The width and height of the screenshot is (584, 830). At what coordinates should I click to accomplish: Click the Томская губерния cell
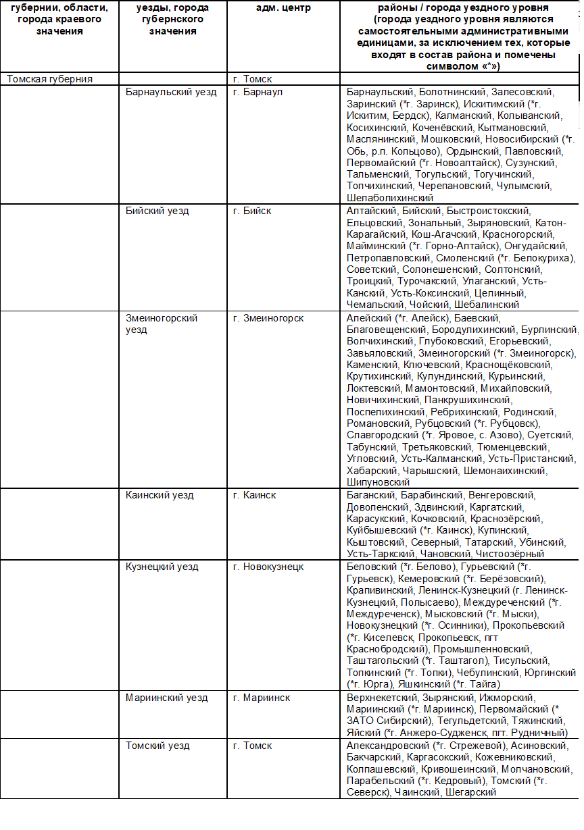(50, 79)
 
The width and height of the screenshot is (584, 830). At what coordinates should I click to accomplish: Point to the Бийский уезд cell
(157, 211)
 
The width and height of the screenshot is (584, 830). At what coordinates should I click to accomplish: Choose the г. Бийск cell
(252, 211)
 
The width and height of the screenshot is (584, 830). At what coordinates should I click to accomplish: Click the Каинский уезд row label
(160, 495)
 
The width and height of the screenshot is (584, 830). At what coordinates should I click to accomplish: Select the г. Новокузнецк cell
(268, 567)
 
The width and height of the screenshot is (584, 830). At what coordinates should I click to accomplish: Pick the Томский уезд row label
(157, 746)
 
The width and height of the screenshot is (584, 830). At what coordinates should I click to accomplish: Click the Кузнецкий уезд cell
(162, 567)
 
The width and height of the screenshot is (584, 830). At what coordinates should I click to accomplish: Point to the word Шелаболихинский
(390, 198)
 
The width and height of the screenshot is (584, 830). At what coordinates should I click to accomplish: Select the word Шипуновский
(379, 482)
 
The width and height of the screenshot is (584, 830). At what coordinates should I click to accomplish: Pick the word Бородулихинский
(478, 330)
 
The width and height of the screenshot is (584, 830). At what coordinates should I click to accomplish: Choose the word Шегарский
(470, 793)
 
